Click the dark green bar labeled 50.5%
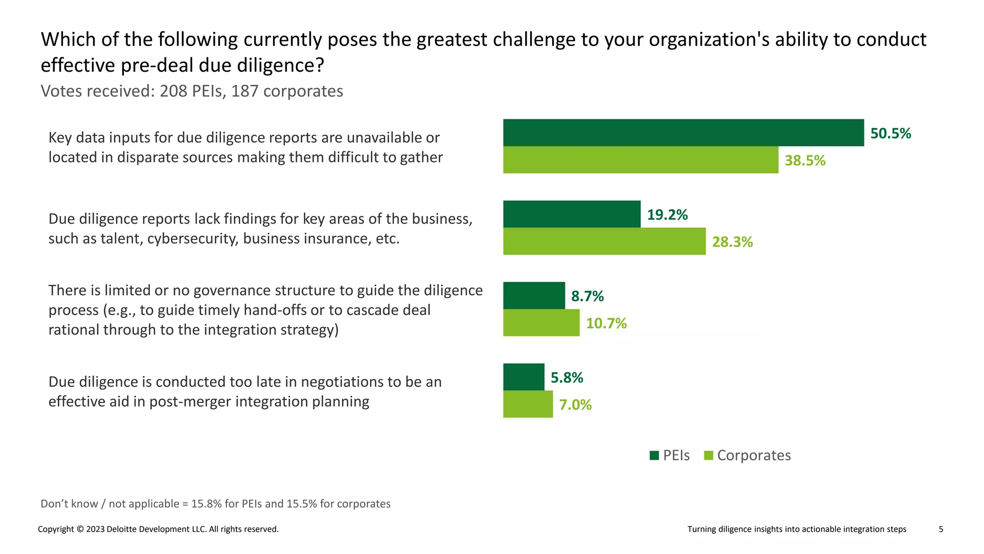[683, 133]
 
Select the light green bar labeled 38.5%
[640, 160]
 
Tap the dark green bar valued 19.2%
[572, 214]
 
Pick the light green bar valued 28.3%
[604, 241]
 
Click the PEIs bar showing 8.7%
[534, 295]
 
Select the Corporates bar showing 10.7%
[541, 323]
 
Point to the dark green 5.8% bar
[524, 377]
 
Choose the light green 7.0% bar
[528, 404]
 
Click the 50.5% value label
[890, 133]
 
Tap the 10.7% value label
[606, 323]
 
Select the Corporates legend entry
[747, 455]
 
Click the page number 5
[941, 529]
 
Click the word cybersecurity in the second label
[193, 239]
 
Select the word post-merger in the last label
[186, 402]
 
